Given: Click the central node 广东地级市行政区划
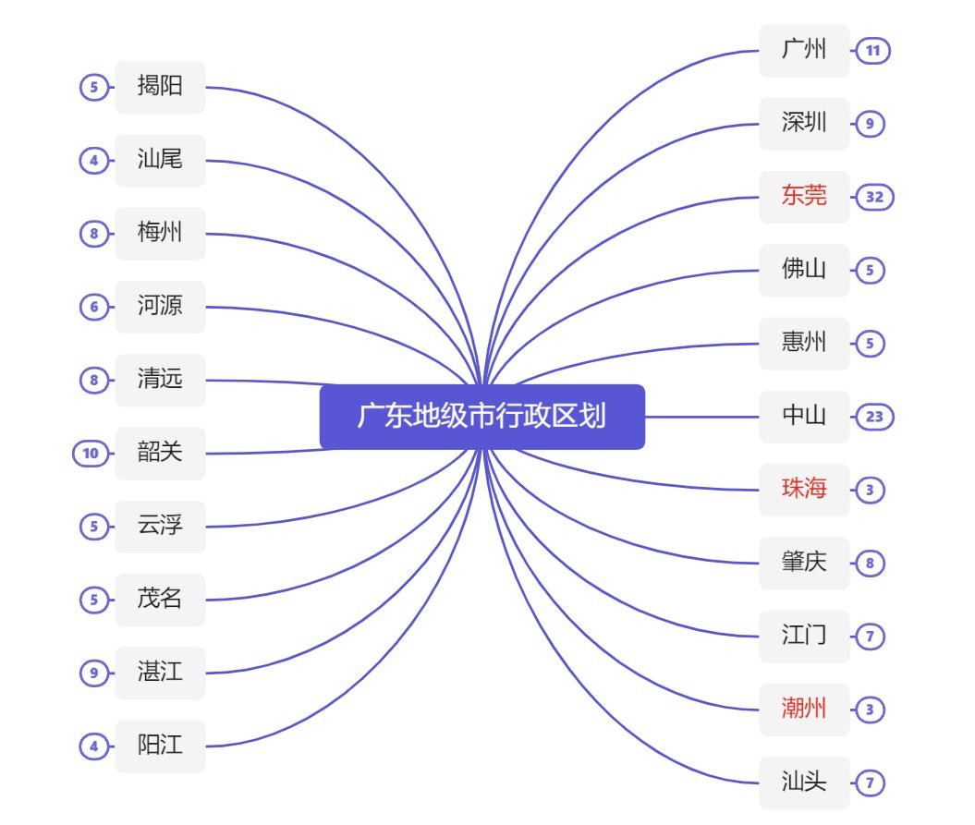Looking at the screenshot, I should (481, 417).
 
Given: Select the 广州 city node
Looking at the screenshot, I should (803, 50).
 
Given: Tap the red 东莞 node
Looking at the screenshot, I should (803, 196).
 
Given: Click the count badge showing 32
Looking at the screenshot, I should (874, 197).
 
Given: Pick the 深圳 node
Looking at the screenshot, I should (803, 123).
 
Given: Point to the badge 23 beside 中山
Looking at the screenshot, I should (874, 417).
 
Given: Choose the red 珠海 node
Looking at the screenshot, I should (803, 490).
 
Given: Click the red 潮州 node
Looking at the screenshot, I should (803, 710).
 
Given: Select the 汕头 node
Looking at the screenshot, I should (803, 783).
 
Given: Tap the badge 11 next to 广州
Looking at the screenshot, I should (872, 51).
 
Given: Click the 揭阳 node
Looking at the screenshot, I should (160, 87).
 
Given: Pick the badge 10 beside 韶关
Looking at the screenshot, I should (90, 454).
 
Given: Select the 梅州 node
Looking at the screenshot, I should (160, 233).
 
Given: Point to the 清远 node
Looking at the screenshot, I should (160, 380).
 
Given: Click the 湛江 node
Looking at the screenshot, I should (160, 673).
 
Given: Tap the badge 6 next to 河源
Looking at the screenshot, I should (93, 307).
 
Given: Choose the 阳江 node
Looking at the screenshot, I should (160, 746).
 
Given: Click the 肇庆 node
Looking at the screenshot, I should (803, 563).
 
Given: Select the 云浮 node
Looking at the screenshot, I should (160, 527).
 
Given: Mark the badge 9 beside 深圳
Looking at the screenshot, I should (870, 124).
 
